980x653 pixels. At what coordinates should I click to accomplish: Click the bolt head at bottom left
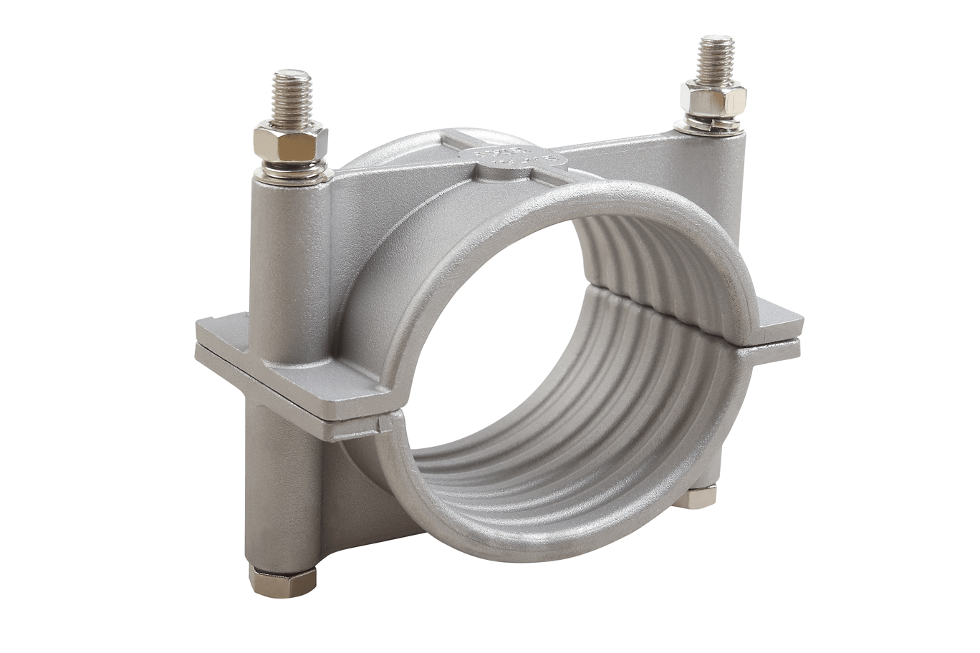pyautogui.click(x=282, y=581)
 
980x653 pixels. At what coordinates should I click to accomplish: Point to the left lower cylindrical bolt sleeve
pyautogui.click(x=279, y=487)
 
